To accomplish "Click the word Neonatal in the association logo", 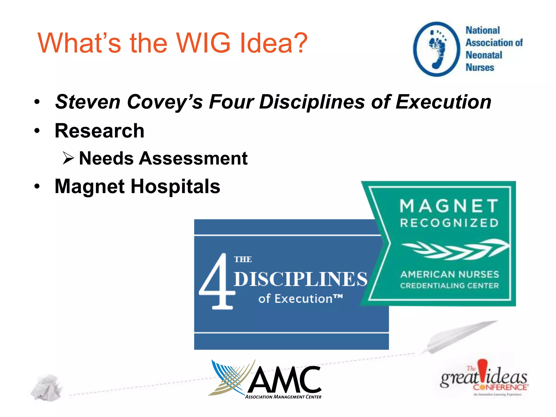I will (484, 55).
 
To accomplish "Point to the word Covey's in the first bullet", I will (165, 102).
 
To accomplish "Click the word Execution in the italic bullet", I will (443, 102).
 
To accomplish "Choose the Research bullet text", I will (99, 131).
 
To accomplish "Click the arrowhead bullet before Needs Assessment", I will (68, 158).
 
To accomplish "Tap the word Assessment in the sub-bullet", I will (193, 159).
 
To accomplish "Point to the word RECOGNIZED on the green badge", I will (449, 223).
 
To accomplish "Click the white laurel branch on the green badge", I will (455, 249).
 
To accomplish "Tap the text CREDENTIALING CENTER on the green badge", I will (449, 286).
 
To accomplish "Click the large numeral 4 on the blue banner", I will (217, 282).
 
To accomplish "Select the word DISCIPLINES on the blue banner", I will (300, 279).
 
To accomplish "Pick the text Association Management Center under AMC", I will (283, 397).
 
